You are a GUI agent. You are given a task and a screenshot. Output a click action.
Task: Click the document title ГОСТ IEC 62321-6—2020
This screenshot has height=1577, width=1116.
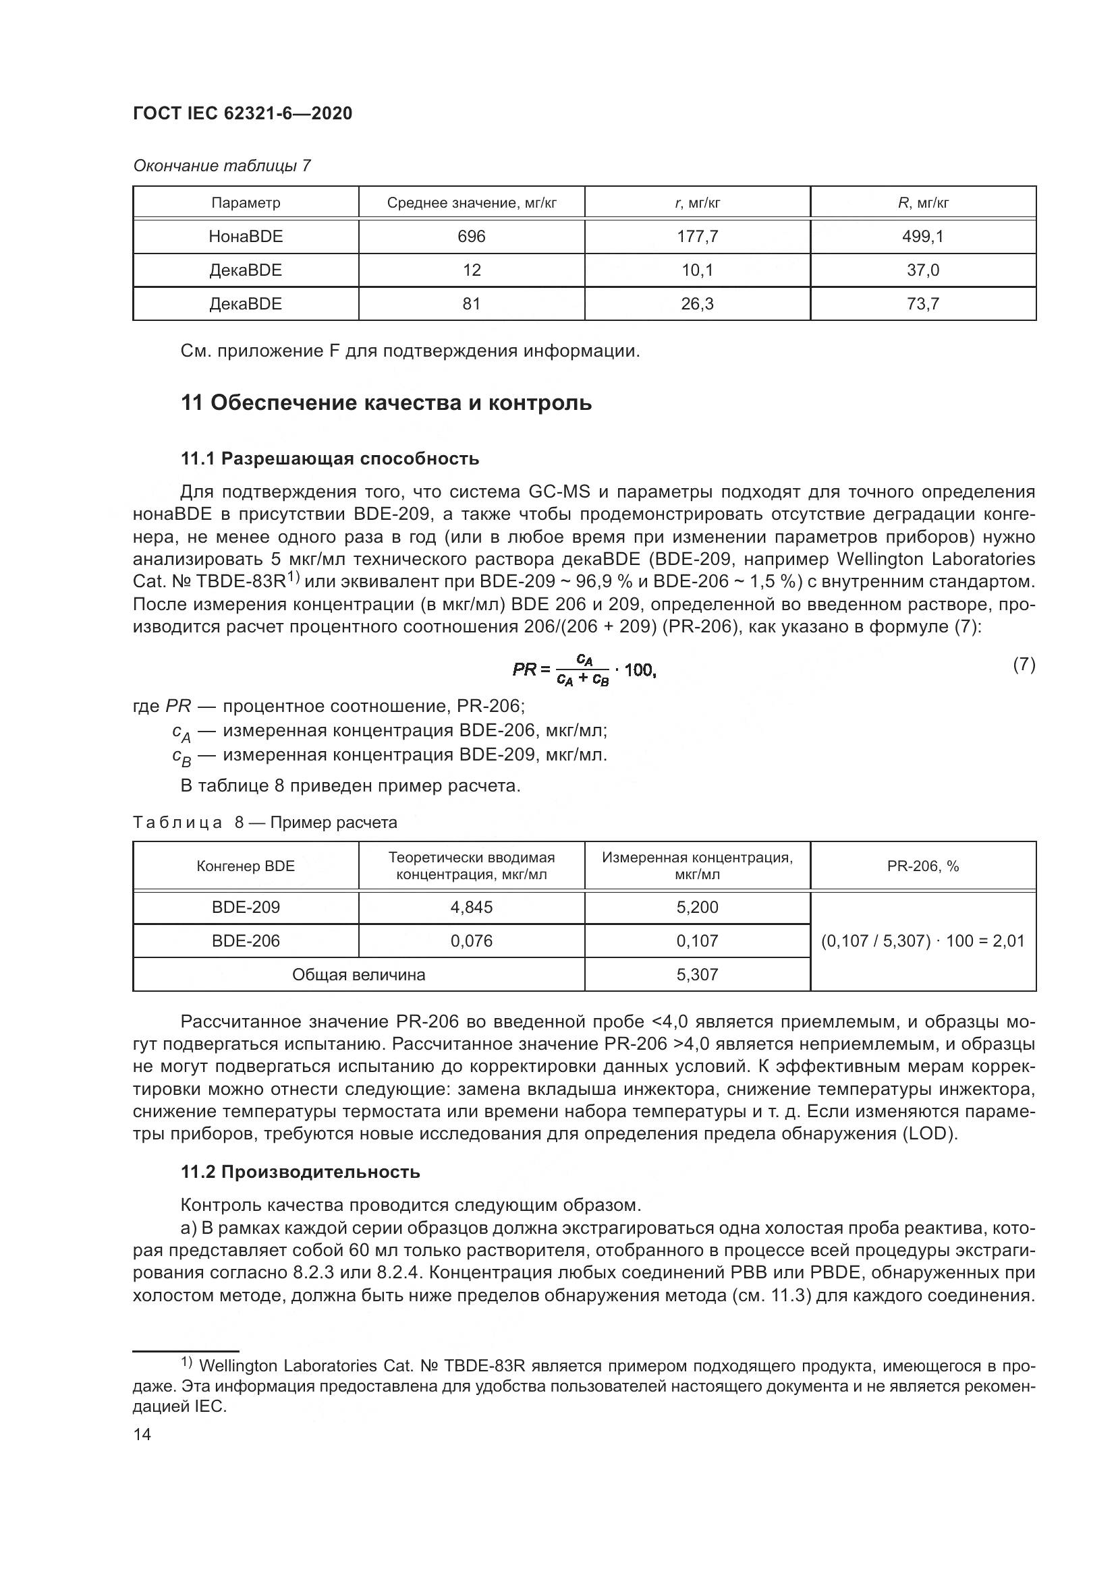pyautogui.click(x=242, y=113)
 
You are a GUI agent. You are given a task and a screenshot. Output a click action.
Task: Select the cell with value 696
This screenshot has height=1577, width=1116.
pyautogui.click(x=472, y=236)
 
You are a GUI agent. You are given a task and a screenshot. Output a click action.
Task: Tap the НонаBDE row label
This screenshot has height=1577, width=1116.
pyautogui.click(x=246, y=236)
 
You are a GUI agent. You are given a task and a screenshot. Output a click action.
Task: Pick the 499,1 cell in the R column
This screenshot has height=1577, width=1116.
pyautogui.click(x=923, y=236)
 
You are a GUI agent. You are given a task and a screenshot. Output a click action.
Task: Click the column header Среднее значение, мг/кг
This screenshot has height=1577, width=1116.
pyautogui.click(x=472, y=203)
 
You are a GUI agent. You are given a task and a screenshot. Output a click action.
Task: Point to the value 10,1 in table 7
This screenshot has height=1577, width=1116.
pyautogui.click(x=698, y=270)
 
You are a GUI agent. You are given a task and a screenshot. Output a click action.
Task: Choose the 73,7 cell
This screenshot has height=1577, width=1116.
pyautogui.click(x=923, y=303)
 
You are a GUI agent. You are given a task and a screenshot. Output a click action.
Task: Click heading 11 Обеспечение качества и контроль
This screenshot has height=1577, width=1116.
pyautogui.click(x=385, y=403)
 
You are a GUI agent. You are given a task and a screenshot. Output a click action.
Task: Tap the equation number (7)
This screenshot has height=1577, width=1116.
pyautogui.click(x=1024, y=664)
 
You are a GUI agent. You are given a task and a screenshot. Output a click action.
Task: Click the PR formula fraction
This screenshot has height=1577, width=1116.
pyautogui.click(x=584, y=670)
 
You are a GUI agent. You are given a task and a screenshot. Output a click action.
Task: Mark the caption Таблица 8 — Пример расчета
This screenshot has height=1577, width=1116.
pyautogui.click(x=264, y=822)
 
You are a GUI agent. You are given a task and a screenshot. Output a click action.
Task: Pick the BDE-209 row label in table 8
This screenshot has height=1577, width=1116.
pyautogui.click(x=246, y=907)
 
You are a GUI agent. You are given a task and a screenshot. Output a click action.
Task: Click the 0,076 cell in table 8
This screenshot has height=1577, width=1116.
pyautogui.click(x=472, y=941)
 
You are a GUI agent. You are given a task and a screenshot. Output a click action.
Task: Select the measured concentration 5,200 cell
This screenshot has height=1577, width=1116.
pyautogui.click(x=698, y=907)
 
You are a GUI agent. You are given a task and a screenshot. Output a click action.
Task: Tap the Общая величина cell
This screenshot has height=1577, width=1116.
pyautogui.click(x=359, y=974)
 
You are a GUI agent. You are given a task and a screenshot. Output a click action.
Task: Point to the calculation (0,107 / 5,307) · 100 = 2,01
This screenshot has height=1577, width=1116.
pyautogui.click(x=923, y=941)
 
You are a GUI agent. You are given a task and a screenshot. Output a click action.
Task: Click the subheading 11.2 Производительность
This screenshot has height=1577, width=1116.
pyautogui.click(x=300, y=1171)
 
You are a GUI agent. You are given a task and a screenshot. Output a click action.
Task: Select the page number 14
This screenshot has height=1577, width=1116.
pyautogui.click(x=142, y=1434)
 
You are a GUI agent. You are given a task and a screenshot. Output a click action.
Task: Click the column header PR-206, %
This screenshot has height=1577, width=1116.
pyautogui.click(x=923, y=866)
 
